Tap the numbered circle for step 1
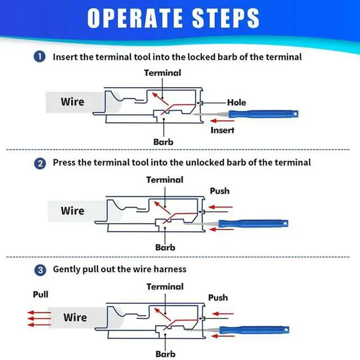point(40,57)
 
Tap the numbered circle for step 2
point(40,163)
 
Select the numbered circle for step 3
point(40,269)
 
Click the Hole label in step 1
point(236,102)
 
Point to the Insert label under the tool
point(222,130)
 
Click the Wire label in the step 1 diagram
point(73,102)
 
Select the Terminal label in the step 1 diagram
point(163,73)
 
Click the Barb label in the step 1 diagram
point(163,142)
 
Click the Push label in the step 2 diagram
point(219,191)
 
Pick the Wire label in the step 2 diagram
point(73,211)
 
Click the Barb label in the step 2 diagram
point(165,247)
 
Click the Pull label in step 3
point(40,294)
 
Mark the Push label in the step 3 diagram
point(218,297)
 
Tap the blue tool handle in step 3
point(264,329)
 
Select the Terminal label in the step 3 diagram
point(165,286)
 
